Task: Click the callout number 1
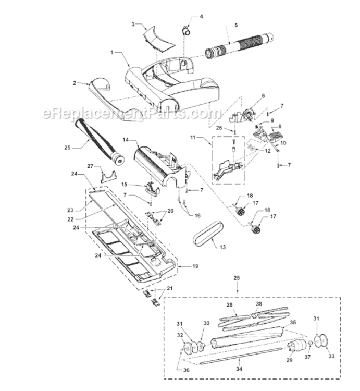(x=111, y=53)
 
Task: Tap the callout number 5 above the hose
(x=235, y=25)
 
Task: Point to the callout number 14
(x=126, y=140)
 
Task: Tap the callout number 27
(x=89, y=166)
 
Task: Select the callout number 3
(x=133, y=25)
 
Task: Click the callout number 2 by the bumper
(x=74, y=83)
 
